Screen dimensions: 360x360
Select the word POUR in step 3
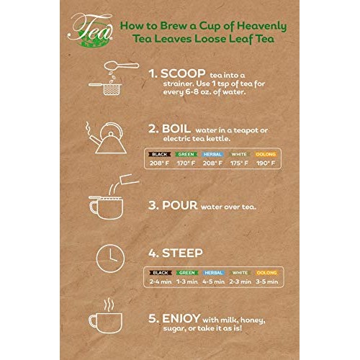click(181, 207)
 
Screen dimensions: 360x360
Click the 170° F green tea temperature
click(186, 163)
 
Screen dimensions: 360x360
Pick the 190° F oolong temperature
click(267, 163)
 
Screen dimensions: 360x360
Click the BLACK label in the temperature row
click(159, 154)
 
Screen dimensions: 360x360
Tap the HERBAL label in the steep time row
click(214, 273)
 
